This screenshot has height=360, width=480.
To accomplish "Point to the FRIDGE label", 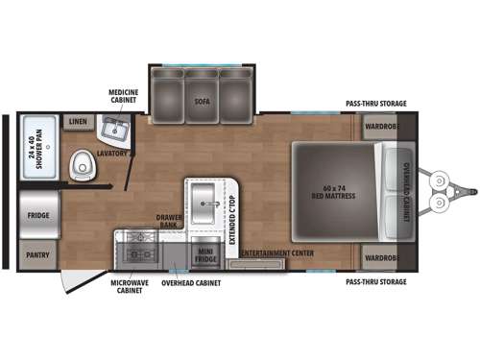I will (38, 215).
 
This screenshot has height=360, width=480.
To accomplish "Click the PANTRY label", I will (38, 256).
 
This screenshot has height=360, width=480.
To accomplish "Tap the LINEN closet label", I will (78, 122).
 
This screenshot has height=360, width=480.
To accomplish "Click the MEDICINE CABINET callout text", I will (123, 96).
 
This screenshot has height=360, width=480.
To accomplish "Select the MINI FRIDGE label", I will (205, 255).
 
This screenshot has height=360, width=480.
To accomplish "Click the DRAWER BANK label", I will (165, 221).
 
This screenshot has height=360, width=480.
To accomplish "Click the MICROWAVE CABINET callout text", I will (126, 287).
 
